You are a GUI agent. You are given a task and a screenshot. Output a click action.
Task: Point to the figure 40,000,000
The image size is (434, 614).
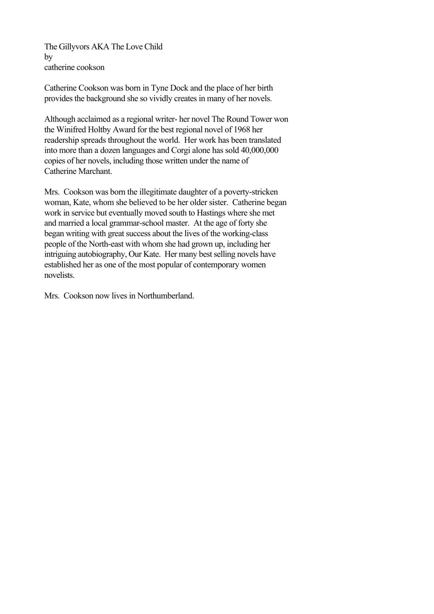259,150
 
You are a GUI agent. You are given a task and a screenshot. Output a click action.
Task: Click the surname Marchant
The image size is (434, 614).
95,171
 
